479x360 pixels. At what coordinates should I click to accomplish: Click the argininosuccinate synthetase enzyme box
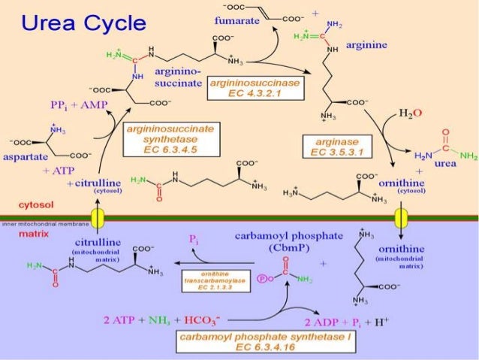pos(171,140)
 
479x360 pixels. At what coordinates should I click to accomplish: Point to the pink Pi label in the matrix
pos(194,239)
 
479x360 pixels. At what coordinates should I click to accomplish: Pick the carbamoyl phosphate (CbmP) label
pos(278,241)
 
